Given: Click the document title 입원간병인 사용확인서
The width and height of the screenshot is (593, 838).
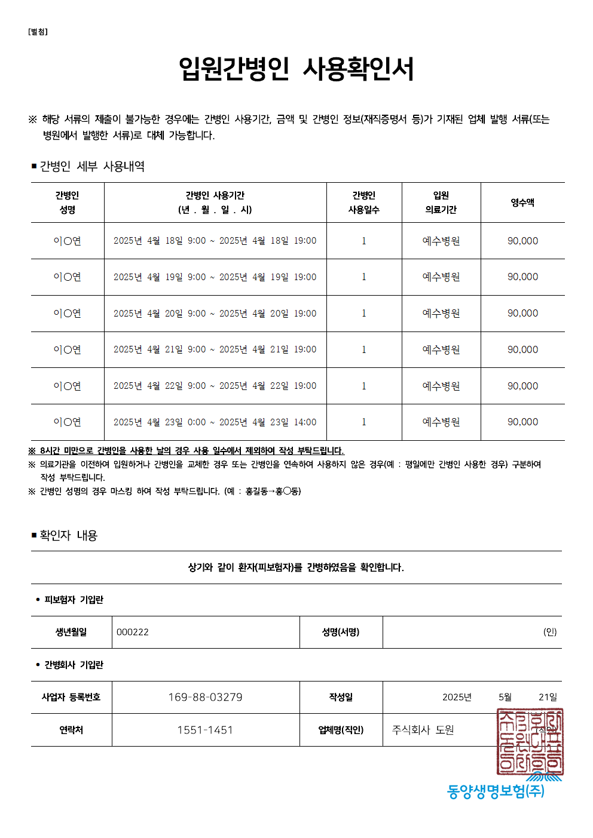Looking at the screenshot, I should tap(296, 69).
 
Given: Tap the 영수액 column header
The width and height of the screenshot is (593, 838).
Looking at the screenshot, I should tap(522, 202).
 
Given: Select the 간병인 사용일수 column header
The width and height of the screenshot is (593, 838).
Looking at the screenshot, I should tap(363, 202).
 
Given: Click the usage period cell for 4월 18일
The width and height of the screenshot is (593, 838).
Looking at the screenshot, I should tap(215, 241).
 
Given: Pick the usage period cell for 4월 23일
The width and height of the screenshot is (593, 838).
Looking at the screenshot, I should tap(215, 422).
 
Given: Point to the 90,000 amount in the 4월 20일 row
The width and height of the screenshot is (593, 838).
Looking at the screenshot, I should tap(522, 314).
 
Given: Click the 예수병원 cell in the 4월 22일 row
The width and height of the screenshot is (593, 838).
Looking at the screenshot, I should tap(441, 386).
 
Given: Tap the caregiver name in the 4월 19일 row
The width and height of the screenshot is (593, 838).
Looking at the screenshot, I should tap(67, 277).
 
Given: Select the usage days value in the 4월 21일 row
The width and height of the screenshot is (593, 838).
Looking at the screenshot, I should tap(363, 350).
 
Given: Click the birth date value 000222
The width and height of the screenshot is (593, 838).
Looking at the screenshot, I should tap(133, 632).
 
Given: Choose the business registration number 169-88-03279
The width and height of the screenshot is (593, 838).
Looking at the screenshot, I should tap(205, 697).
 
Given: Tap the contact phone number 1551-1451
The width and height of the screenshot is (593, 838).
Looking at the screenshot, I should tap(205, 730).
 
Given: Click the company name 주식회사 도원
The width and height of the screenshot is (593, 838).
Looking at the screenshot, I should tap(423, 730).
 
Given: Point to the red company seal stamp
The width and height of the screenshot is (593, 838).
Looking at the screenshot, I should tap(530, 741).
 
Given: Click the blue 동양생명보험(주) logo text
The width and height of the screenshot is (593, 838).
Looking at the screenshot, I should tap(496, 791).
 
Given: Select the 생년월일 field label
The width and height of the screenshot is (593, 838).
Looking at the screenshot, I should tap(71, 632).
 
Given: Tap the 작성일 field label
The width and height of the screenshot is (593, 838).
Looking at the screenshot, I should tap(341, 697).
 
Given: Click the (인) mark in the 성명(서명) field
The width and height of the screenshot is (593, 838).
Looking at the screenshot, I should tap(549, 632).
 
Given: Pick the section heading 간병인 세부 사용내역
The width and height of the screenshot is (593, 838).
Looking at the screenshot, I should tap(92, 166).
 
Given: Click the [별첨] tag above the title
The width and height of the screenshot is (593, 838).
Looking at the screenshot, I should tap(38, 32).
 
